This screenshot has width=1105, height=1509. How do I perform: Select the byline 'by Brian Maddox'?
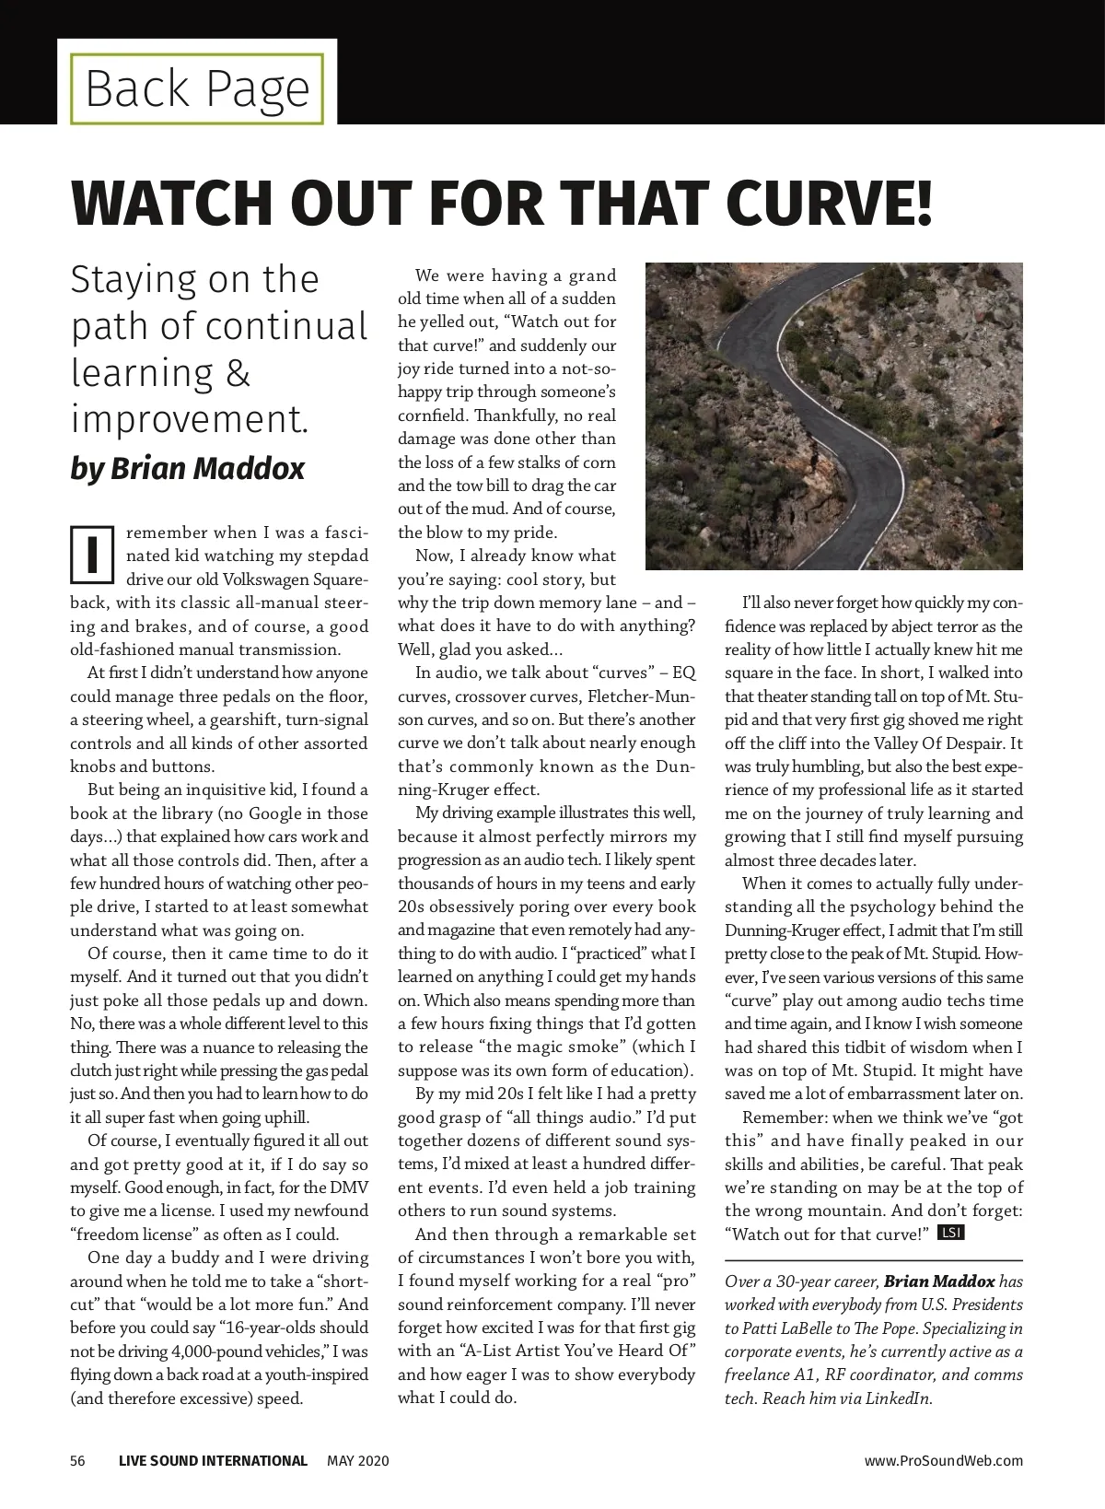[x=187, y=469]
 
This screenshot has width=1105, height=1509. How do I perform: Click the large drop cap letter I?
[x=92, y=555]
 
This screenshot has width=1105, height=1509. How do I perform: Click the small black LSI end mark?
[x=949, y=1234]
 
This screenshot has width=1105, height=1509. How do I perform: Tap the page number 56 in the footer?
[x=78, y=1460]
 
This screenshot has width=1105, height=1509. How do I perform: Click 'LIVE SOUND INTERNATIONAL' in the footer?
[x=213, y=1460]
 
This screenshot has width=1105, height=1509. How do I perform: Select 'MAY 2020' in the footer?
[x=358, y=1460]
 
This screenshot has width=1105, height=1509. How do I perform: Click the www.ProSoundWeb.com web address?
[x=943, y=1460]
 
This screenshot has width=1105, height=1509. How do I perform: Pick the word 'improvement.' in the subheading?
[x=190, y=419]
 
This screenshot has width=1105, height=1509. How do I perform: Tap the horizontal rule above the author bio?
[x=873, y=1259]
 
